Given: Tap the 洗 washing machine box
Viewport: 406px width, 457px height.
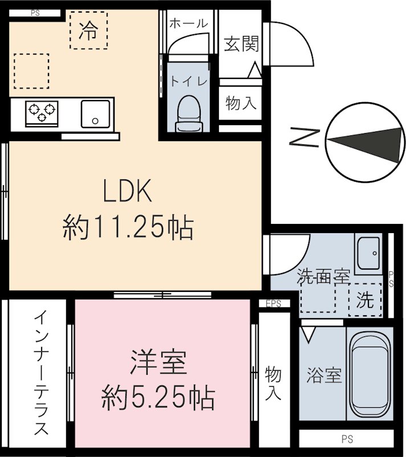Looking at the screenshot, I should point(364,299).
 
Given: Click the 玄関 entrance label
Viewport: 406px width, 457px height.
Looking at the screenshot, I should point(241,44).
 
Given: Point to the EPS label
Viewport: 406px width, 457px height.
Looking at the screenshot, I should point(273,304).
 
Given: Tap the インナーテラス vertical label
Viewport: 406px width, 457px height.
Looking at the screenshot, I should point(40,372).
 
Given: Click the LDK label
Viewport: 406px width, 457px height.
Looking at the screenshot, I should point(127,191).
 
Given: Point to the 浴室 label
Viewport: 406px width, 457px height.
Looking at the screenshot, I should point(324,376).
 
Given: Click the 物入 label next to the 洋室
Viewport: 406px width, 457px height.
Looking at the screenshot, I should point(274,383).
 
